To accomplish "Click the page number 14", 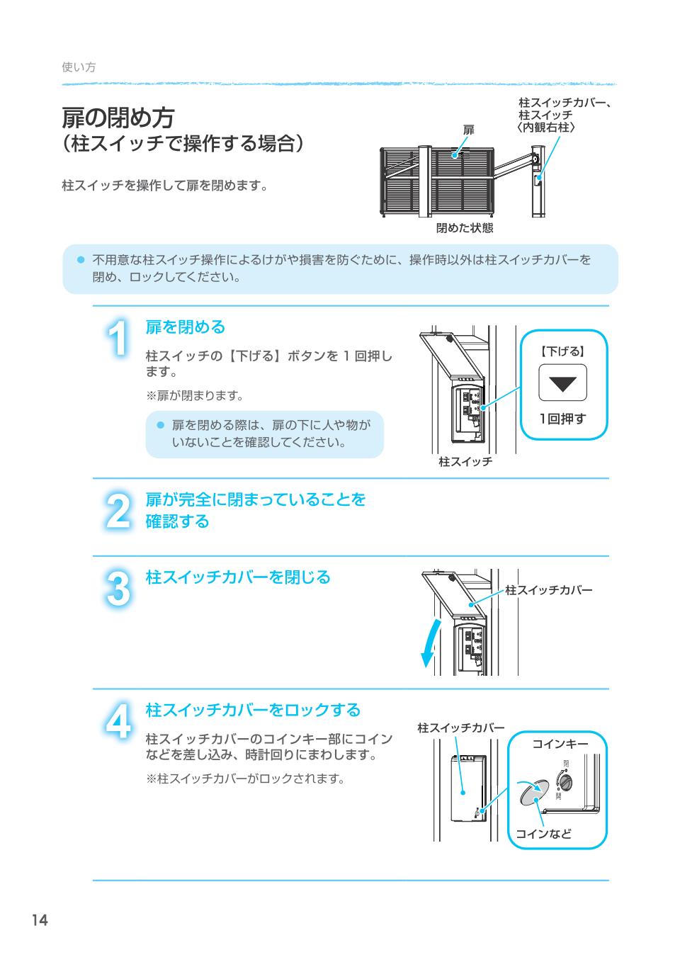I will click(39, 920).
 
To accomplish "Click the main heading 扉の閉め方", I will click(118, 117).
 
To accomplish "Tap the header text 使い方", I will click(79, 67).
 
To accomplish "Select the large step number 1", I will click(119, 339).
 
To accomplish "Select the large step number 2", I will click(119, 511).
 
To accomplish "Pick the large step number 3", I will click(119, 589).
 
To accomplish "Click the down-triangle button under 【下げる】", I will click(562, 383).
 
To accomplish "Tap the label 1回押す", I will click(563, 419).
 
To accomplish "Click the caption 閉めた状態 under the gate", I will click(464, 228).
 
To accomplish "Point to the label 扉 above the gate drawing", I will click(468, 130).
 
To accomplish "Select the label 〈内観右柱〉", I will click(545, 127).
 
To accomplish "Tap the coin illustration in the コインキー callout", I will click(533, 793).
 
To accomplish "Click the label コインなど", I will click(543, 834).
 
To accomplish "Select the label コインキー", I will click(560, 743).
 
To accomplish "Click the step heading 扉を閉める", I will click(185, 327).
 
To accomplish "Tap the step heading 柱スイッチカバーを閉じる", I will click(238, 577).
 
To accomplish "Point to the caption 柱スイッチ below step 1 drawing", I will click(465, 462).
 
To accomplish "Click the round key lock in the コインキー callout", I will click(567, 781).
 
